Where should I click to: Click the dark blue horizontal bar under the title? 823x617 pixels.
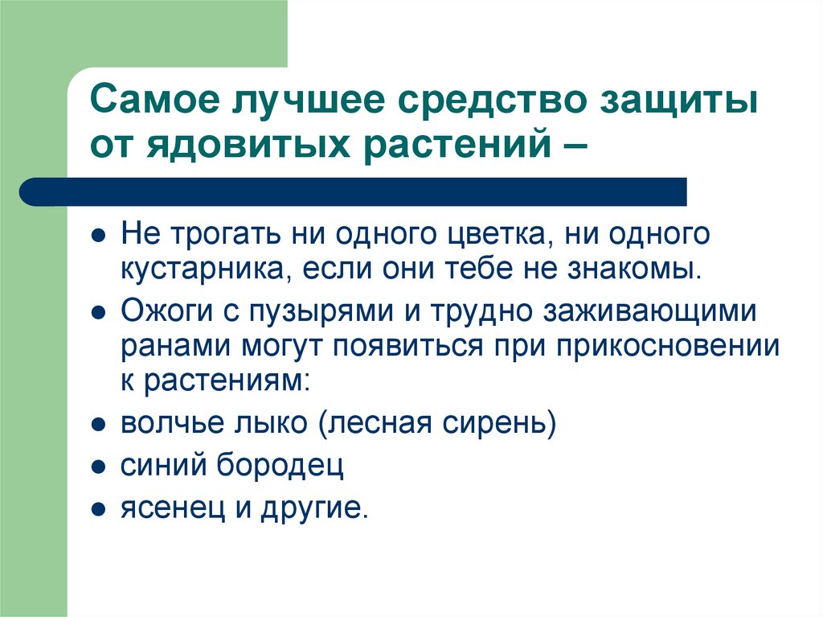[354, 191]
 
